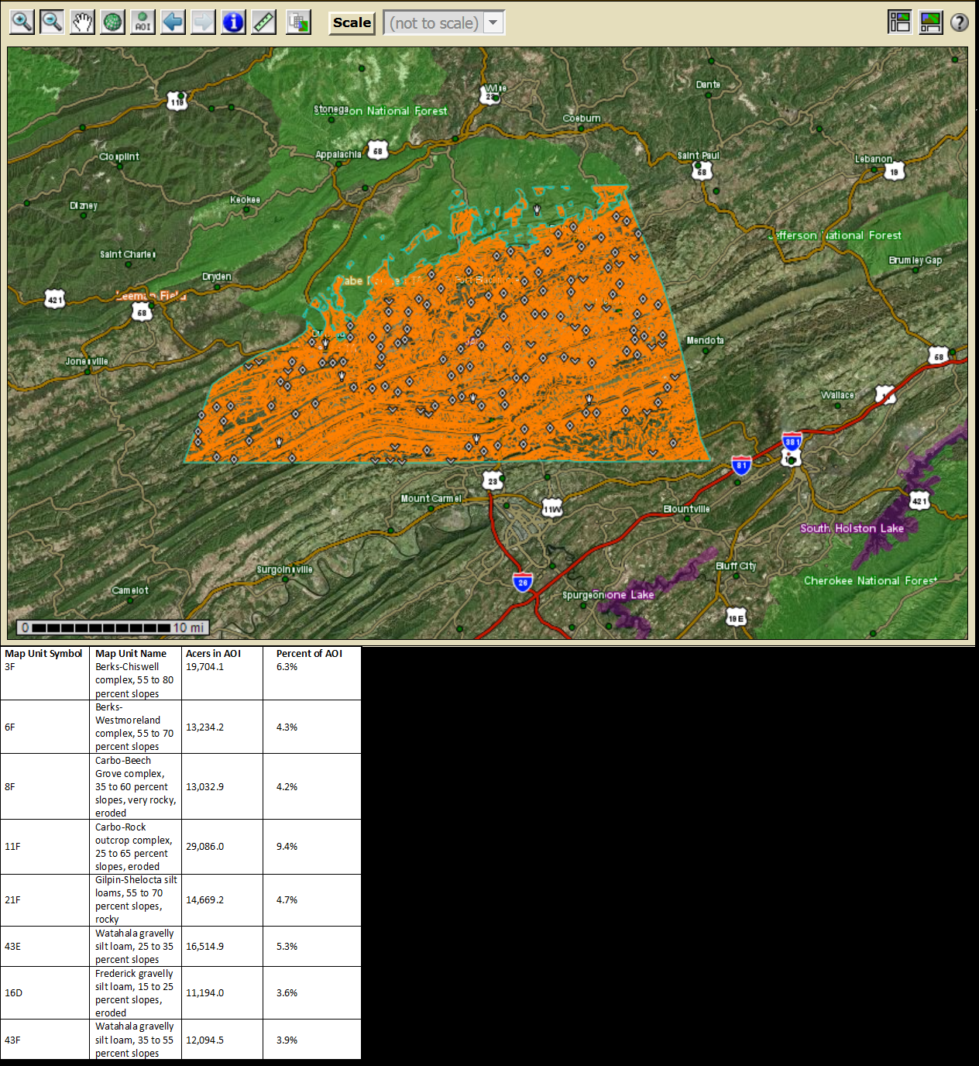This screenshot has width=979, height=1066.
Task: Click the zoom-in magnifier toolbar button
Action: coord(22,22)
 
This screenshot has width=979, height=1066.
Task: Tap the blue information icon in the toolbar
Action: coord(233,22)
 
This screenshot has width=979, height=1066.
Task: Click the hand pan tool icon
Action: coord(82,22)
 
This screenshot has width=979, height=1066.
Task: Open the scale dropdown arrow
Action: coord(493,22)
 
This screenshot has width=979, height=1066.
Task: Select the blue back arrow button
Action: coord(173,22)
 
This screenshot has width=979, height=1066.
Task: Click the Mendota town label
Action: coord(705,341)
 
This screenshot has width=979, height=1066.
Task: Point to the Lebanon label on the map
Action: coord(873,159)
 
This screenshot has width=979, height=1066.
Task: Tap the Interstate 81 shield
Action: coord(741,466)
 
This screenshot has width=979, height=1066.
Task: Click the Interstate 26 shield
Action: coord(523,582)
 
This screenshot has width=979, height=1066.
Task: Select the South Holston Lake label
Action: coord(852,528)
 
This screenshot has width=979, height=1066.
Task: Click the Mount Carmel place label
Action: coord(431,499)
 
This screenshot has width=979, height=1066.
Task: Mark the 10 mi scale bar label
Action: coord(188,628)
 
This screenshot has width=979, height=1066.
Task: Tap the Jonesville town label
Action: coord(87,362)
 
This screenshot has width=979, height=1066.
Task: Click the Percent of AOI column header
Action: coord(309,654)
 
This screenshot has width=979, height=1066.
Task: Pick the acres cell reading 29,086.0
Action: coord(204,847)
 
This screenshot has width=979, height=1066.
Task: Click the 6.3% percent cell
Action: coord(287,667)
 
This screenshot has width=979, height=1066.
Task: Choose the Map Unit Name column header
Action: coord(131,654)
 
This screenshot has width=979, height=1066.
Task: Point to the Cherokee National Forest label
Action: coord(870,581)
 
